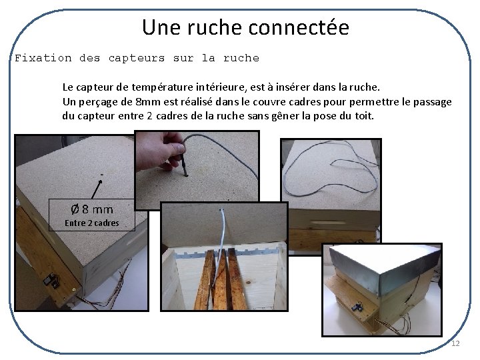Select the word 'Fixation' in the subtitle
pyautogui.click(x=43, y=58)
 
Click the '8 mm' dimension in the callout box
pyautogui.click(x=97, y=209)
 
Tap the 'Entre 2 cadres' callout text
pyautogui.click(x=92, y=223)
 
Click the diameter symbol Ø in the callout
pyautogui.click(x=76, y=209)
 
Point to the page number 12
pyautogui.click(x=455, y=343)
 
